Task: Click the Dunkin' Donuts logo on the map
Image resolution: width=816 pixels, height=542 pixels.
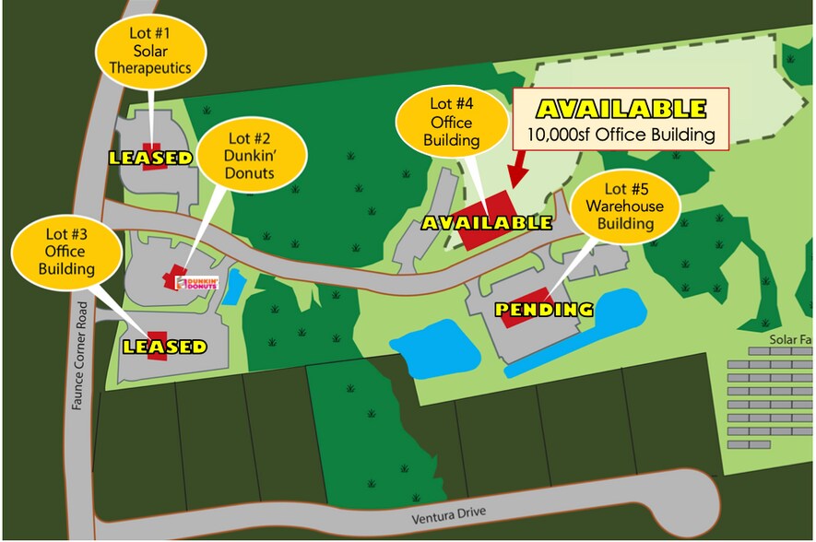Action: [195, 283]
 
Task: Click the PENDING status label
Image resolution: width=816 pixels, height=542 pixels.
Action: [544, 310]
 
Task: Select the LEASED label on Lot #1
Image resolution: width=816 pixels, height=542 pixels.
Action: [151, 158]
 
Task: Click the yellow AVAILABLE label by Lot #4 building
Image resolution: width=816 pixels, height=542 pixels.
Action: [487, 223]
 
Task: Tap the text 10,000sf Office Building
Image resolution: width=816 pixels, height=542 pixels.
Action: [621, 135]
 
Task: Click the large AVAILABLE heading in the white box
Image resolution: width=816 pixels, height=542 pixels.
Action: [621, 109]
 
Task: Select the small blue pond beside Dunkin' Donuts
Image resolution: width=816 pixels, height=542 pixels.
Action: [235, 287]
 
